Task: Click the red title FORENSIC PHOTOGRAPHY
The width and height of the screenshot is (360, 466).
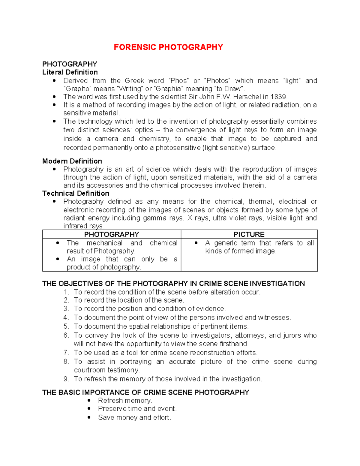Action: pyautogui.click(x=168, y=47)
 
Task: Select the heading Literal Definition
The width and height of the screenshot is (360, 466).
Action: pyautogui.click(x=70, y=72)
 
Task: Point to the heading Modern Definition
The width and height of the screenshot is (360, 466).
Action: pyautogui.click(x=72, y=161)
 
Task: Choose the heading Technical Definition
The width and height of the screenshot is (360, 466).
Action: pyautogui.click(x=76, y=194)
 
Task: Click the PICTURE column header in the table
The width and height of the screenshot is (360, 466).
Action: pyautogui.click(x=249, y=234)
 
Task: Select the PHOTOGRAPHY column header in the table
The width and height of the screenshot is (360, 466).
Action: pyautogui.click(x=111, y=234)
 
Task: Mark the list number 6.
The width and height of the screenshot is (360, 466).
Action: pyautogui.click(x=66, y=335)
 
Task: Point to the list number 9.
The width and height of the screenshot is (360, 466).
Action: pyautogui.click(x=66, y=379)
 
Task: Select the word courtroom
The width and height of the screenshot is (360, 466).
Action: pyautogui.click(x=90, y=370)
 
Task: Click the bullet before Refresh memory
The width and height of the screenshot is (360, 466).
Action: pyautogui.click(x=89, y=401)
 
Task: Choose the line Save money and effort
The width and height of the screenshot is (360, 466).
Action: pyautogui.click(x=134, y=418)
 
